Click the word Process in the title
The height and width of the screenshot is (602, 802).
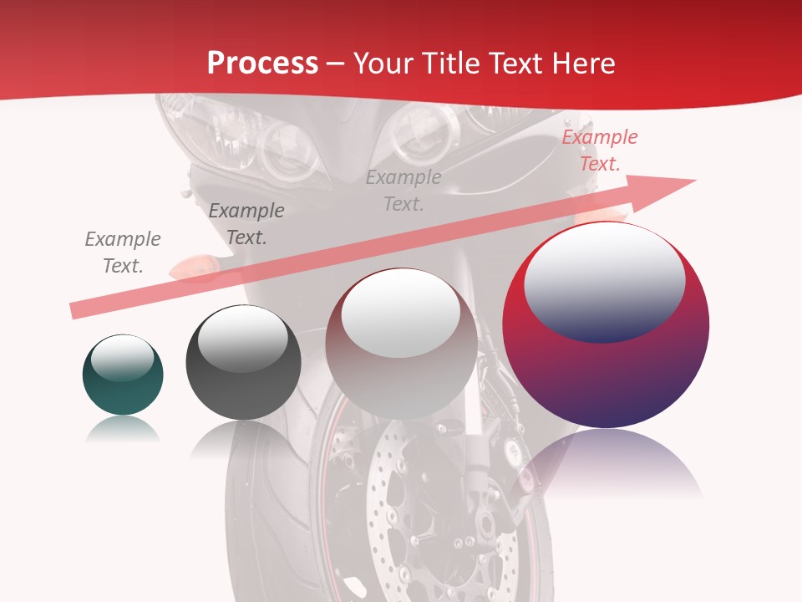click(x=262, y=64)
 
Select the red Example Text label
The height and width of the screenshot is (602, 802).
click(x=599, y=150)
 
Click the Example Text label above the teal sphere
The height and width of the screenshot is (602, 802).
click(x=123, y=252)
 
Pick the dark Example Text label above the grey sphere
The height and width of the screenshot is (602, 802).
click(x=246, y=223)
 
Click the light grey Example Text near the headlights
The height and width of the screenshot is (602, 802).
click(x=404, y=190)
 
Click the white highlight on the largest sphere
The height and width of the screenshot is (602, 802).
click(x=604, y=280)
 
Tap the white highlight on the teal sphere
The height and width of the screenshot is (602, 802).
click(x=122, y=360)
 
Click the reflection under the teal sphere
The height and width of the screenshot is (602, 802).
click(x=123, y=430)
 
